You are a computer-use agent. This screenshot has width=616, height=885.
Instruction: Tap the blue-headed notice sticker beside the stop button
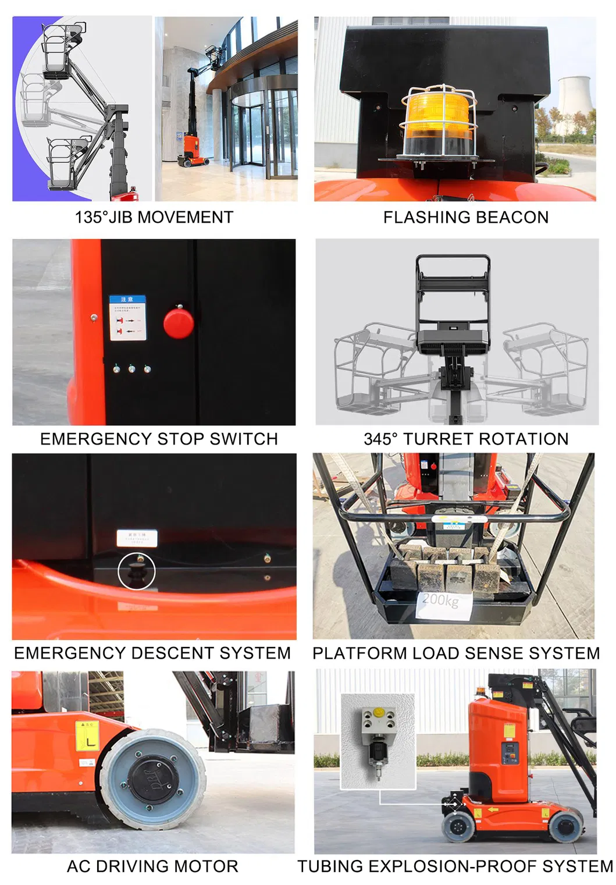(x=127, y=318)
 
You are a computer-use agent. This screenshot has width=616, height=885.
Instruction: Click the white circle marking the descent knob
(x=137, y=571)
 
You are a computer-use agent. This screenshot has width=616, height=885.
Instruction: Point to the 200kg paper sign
(x=440, y=602)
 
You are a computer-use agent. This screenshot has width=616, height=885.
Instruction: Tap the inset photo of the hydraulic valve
(x=378, y=741)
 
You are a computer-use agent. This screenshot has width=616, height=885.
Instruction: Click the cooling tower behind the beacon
(x=574, y=104)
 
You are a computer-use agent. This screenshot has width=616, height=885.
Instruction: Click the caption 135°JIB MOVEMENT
(x=154, y=217)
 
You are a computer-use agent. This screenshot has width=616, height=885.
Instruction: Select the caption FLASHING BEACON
(x=465, y=217)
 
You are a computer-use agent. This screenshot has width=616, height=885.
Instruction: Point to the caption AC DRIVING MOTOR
(x=152, y=866)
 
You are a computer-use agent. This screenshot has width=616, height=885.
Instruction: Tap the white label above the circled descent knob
(x=137, y=538)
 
